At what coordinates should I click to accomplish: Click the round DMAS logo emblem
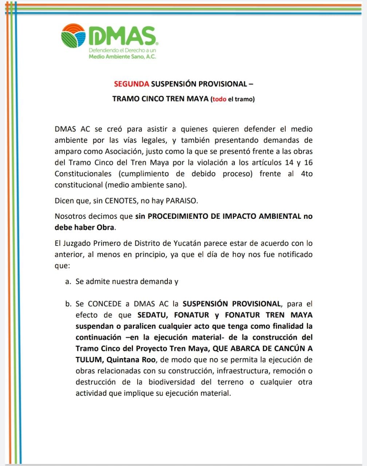point(74,35)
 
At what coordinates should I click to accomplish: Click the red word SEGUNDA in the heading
point(131,84)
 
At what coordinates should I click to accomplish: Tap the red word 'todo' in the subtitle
point(220,99)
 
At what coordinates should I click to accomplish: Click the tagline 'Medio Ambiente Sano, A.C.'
point(122,57)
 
